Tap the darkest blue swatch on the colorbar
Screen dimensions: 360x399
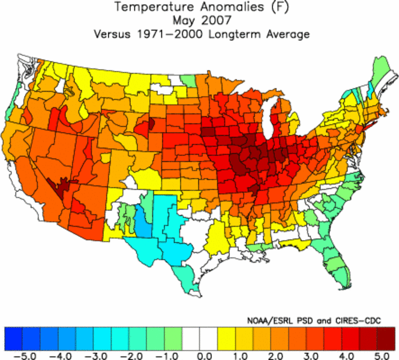[x=13, y=337]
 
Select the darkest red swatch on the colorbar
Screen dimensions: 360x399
[x=386, y=337]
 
